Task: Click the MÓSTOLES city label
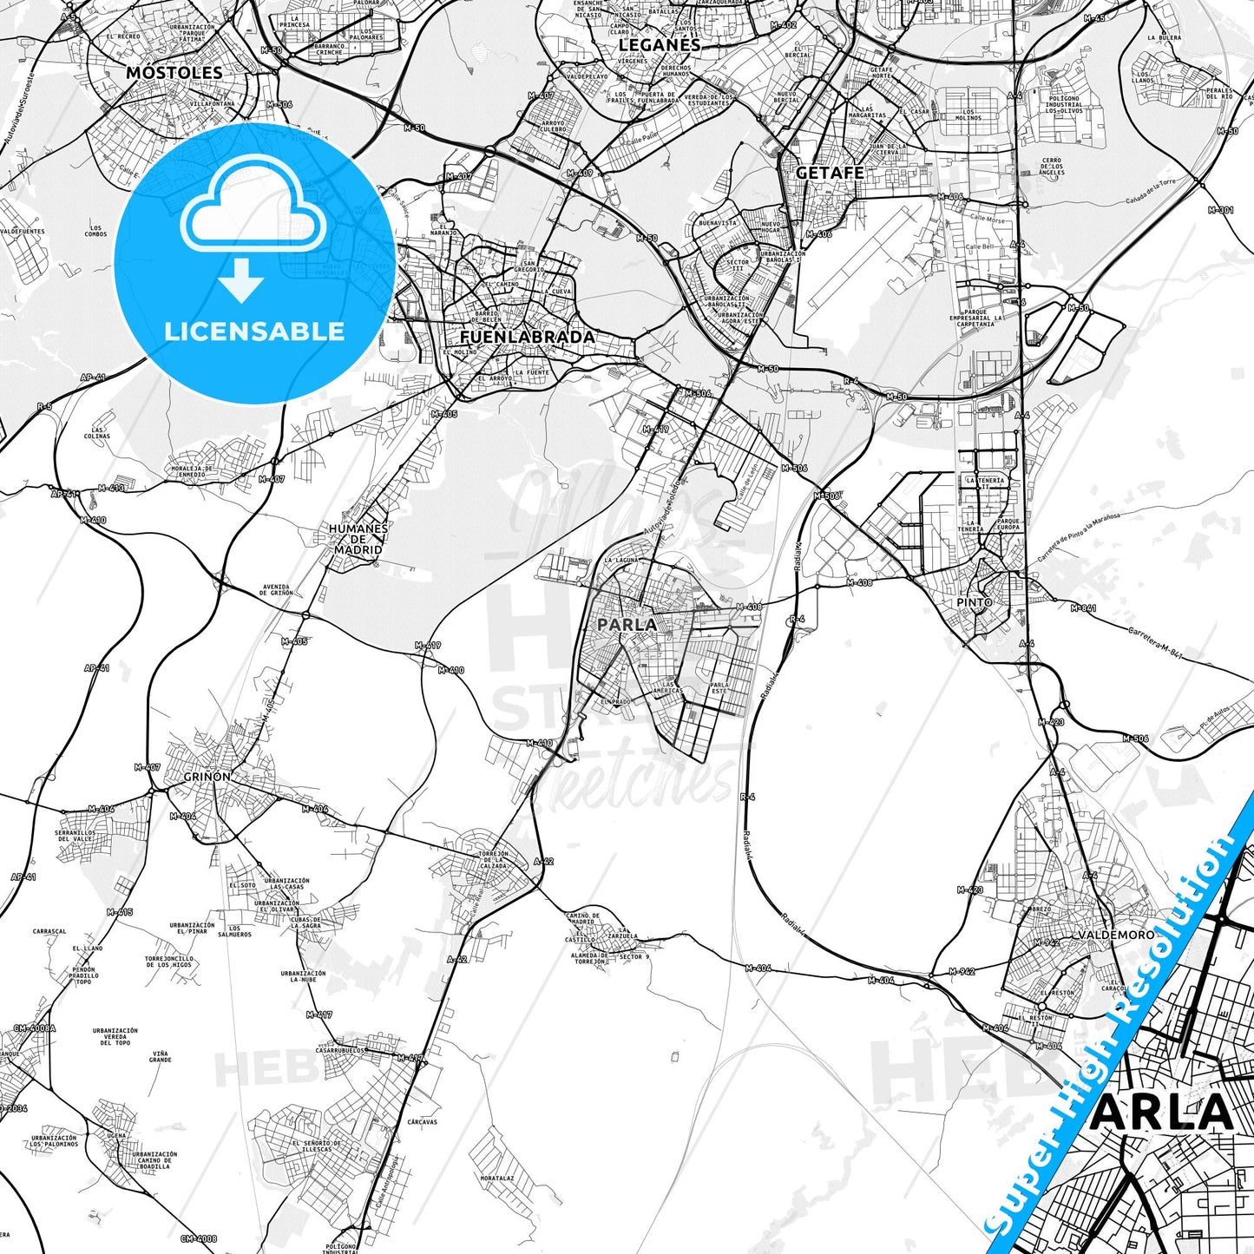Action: tap(174, 73)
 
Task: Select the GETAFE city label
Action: tap(830, 173)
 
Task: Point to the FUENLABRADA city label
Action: tap(527, 337)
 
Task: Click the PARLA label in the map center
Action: tap(627, 624)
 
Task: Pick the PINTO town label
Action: tap(974, 602)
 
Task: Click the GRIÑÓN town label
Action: tap(207, 777)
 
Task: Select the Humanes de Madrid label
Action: tap(358, 539)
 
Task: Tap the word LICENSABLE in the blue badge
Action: tap(254, 332)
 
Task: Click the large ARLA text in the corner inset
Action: tap(1160, 1113)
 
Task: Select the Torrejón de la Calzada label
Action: tap(493, 859)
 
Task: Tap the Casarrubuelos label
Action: tap(341, 1049)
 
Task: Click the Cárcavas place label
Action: tap(422, 1122)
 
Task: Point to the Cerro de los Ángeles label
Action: tap(1051, 167)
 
